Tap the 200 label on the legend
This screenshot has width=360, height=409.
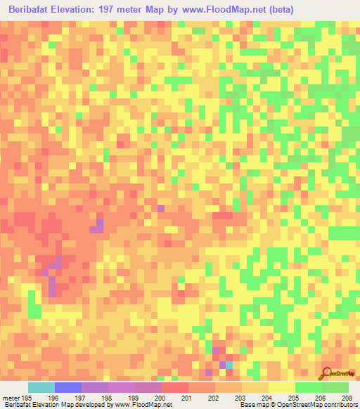160,398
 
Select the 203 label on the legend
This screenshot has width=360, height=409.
240,398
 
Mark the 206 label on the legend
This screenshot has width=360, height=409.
321,398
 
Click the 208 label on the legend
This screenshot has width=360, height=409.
347,398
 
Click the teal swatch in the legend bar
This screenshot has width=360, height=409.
41,387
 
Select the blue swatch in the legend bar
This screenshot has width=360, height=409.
68,387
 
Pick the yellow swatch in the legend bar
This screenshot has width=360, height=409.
281,387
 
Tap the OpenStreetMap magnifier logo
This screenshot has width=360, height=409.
327,373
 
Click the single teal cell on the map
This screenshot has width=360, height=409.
230,365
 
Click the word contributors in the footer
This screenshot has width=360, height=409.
340,405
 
